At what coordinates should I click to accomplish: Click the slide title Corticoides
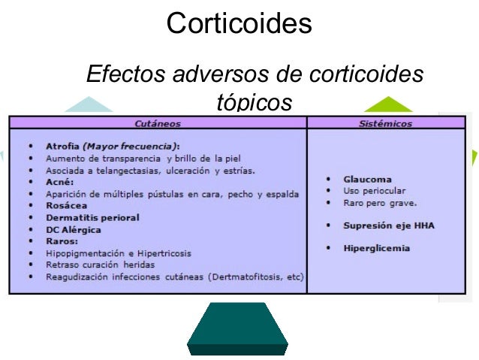(x=239, y=23)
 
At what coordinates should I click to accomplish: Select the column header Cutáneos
(x=158, y=123)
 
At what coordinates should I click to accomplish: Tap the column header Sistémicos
(x=386, y=123)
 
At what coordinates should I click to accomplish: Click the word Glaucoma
(x=368, y=180)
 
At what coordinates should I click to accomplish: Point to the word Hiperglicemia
(x=377, y=248)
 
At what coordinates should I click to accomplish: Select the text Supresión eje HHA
(x=389, y=225)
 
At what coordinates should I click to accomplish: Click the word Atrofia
(x=62, y=146)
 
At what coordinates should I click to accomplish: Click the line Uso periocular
(x=375, y=191)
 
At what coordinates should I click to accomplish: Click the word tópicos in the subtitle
(x=253, y=101)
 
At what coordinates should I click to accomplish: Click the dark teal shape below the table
(x=236, y=328)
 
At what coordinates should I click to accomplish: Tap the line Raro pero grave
(x=380, y=203)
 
